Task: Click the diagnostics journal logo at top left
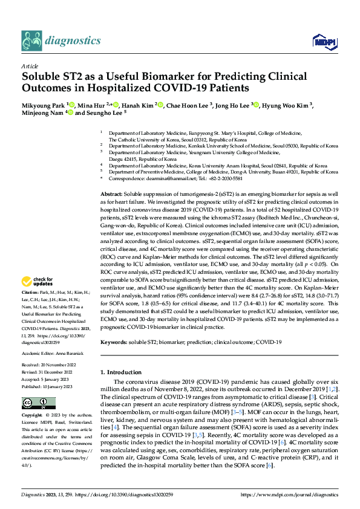click(61, 41)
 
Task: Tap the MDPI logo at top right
click(322, 41)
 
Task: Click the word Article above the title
click(30, 66)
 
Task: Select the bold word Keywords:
click(114, 342)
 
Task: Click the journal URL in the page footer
click(296, 495)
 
